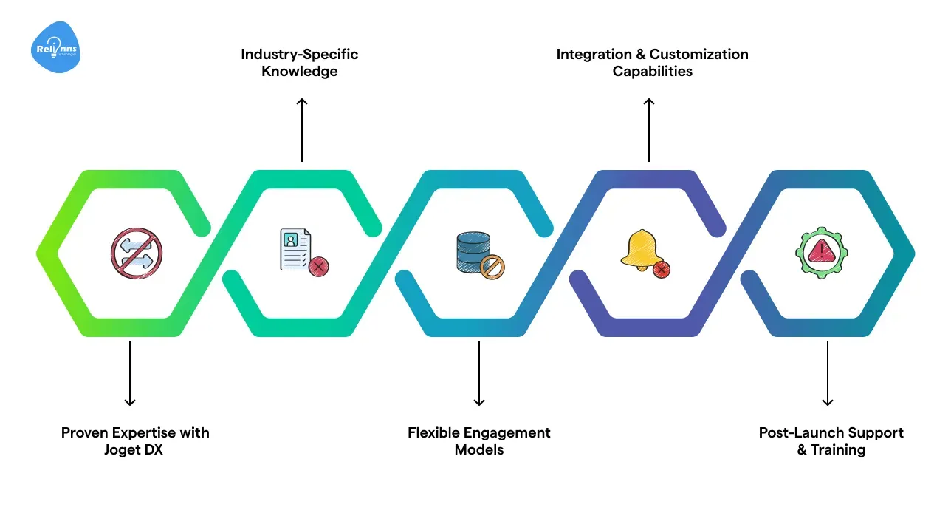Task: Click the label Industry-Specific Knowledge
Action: pos(300,63)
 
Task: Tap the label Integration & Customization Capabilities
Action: pos(652,63)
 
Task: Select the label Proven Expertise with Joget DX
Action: pos(135,441)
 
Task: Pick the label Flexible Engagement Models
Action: pos(479,441)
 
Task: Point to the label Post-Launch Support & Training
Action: pos(831,441)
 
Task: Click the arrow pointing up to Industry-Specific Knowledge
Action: pos(301,129)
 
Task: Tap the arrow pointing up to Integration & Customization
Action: pos(649,129)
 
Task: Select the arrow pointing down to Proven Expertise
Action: pos(130,372)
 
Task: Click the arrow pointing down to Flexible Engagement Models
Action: pos(479,372)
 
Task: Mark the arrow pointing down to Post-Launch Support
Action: pos(828,372)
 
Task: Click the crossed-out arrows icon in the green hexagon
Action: pos(136,253)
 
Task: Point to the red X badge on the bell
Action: pos(662,269)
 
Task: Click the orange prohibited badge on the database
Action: pos(492,267)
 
